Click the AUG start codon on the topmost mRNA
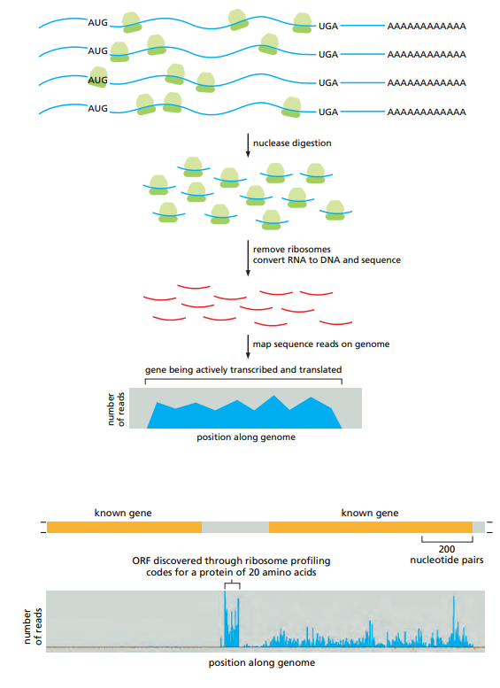point(97,24)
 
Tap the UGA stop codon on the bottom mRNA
point(328,111)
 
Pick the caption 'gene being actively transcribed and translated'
point(243,368)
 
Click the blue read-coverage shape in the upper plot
point(243,417)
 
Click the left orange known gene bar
point(124,527)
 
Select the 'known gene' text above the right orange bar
point(370,513)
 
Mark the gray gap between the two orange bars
point(235,527)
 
